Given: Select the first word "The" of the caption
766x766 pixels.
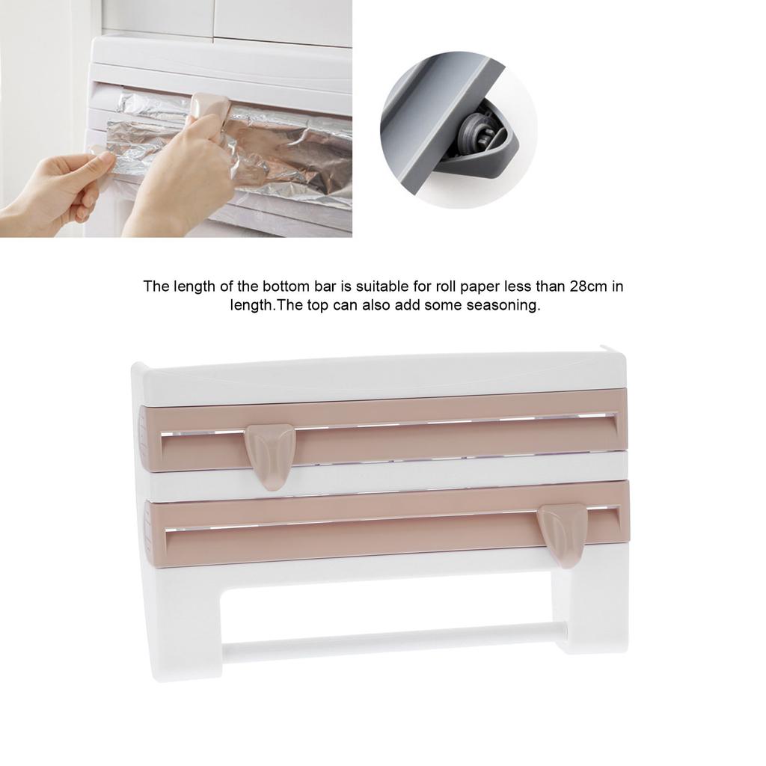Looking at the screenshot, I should (156, 286).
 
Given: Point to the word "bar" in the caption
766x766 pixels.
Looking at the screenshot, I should (295, 286).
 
